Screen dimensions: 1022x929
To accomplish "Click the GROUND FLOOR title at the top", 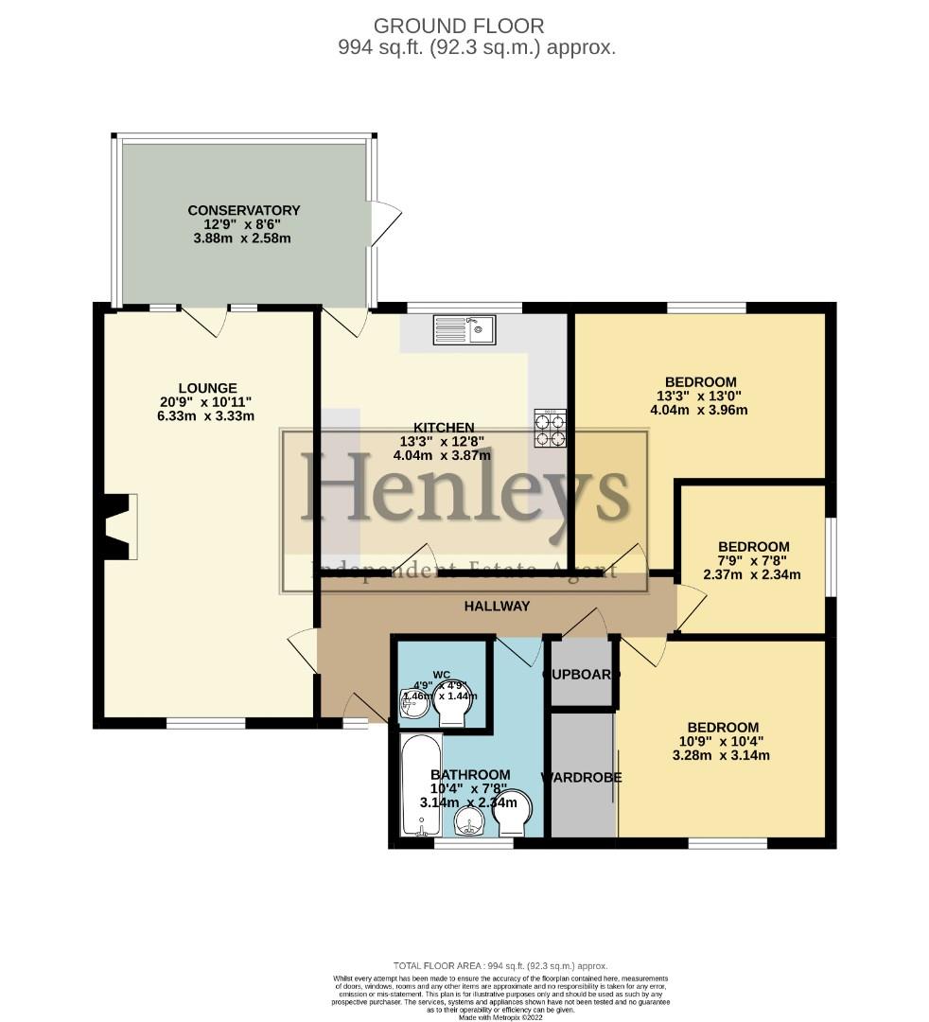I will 459,26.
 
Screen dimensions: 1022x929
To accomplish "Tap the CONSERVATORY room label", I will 244,210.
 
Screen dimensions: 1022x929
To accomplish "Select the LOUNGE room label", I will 207,387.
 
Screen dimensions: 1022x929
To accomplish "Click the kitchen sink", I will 464,329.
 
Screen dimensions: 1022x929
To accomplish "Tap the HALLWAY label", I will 497,606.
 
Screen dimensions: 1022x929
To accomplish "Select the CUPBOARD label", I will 581,675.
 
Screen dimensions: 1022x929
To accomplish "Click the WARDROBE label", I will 581,777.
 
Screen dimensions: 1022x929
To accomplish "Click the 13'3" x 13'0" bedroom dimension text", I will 699,396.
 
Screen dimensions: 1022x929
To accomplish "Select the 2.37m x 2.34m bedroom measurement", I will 753,574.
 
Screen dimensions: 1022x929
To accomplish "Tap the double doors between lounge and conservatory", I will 204,320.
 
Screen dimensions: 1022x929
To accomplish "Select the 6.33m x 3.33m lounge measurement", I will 207,415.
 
